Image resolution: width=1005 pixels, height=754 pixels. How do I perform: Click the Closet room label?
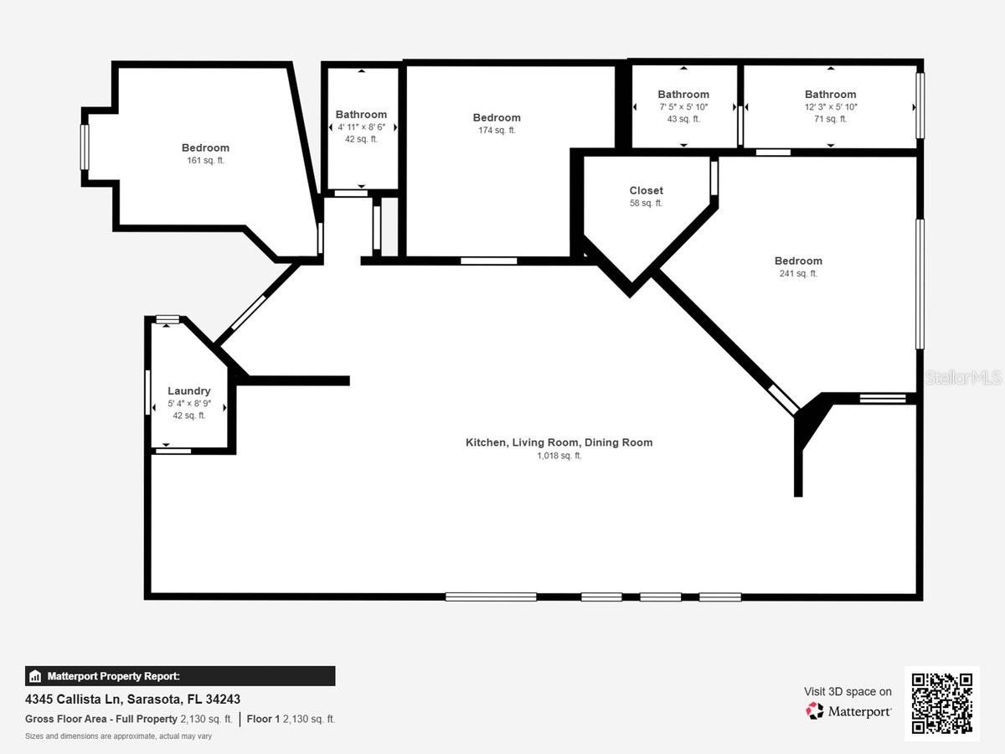coord(646,190)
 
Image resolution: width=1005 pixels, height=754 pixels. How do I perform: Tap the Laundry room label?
coord(189,390)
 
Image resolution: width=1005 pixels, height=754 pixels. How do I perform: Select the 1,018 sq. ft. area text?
coord(559,456)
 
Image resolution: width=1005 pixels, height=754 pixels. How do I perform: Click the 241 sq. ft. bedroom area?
coord(798,273)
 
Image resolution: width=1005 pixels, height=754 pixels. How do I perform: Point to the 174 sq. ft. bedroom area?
coord(497,131)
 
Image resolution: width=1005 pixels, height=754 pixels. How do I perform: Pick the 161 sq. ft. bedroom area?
coord(205,160)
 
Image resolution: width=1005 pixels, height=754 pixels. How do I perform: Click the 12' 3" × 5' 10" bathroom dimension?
coord(830,107)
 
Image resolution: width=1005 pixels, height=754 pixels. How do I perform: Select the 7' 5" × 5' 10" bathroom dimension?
coord(683,107)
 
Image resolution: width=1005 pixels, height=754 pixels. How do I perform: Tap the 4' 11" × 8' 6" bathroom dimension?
coord(361,127)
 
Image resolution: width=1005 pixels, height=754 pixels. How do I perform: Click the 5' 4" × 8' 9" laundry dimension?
coord(189,403)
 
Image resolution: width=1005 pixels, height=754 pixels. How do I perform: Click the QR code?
coord(941,703)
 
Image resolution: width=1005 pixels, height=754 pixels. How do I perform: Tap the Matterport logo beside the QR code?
coord(848,711)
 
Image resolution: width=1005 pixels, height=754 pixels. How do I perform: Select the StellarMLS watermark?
coord(963,378)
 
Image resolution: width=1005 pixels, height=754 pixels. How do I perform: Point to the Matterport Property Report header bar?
coord(180,676)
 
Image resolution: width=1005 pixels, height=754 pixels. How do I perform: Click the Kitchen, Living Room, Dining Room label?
coord(559,442)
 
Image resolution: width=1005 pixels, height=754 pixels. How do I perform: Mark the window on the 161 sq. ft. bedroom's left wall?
coord(85,147)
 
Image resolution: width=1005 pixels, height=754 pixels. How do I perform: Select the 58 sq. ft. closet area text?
coord(646,203)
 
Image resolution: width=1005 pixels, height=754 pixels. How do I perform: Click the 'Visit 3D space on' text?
coord(848,691)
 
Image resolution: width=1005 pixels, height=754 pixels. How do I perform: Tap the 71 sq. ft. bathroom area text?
coord(830,119)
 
